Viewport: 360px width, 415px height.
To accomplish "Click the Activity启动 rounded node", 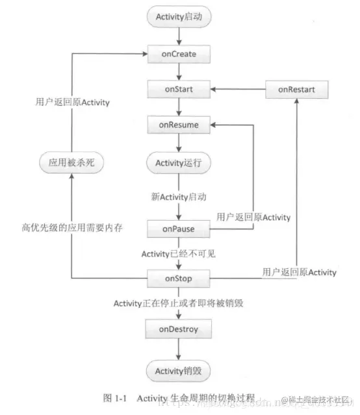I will pos(179,18).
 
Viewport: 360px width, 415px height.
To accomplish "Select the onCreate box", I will pos(179,53).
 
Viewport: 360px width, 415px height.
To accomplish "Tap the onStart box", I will pos(179,88).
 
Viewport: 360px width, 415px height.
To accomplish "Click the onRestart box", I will pos(297,88).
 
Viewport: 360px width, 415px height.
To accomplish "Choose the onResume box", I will pos(179,123).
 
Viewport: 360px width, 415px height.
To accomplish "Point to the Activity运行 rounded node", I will pos(179,162).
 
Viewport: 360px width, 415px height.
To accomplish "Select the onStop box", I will pos(179,279).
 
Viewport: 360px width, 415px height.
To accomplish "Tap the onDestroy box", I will pos(179,331).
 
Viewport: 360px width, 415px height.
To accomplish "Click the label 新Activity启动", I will pos(179,195).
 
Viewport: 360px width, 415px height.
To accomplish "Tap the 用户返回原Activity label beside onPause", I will pos(253,217).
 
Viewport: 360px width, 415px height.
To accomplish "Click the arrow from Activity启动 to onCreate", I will pos(179,36).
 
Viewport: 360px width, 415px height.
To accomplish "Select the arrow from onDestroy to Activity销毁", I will pos(179,351).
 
